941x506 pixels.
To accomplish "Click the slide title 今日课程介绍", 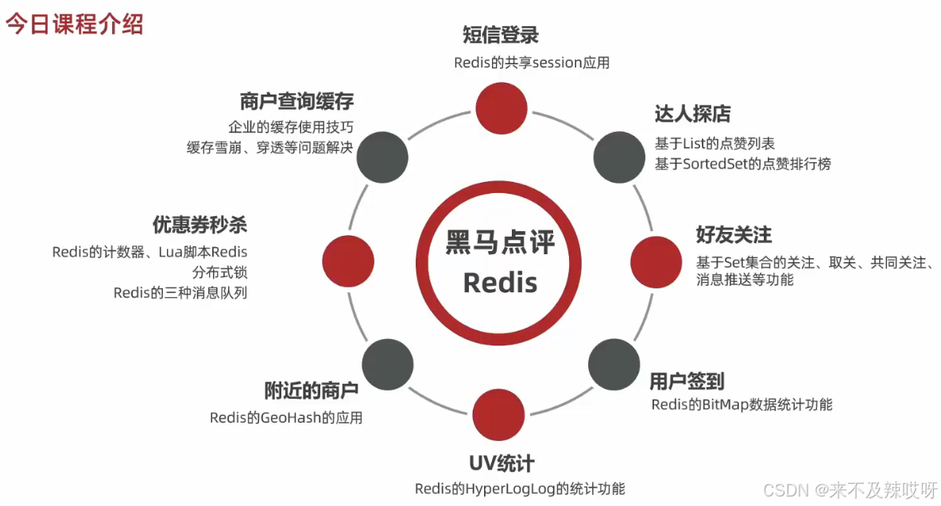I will click(75, 24).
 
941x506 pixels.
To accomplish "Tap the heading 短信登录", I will click(501, 35).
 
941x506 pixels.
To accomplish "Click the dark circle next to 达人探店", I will click(619, 156).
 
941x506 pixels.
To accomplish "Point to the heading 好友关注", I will click(734, 235).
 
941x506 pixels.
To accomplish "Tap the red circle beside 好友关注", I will click(656, 261).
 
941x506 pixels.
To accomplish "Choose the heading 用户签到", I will click(687, 381).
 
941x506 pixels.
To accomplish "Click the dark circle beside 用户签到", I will click(614, 364).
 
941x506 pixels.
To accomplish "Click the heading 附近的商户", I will click(311, 391).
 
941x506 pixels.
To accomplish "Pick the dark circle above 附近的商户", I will click(388, 364).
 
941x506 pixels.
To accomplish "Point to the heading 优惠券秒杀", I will click(199, 226).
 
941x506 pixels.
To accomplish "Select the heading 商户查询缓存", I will click(296, 102).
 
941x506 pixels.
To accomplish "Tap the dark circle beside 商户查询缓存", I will click(381, 156).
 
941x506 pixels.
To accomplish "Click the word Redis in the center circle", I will click(501, 282).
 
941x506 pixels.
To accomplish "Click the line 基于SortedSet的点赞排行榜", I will click(742, 164).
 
